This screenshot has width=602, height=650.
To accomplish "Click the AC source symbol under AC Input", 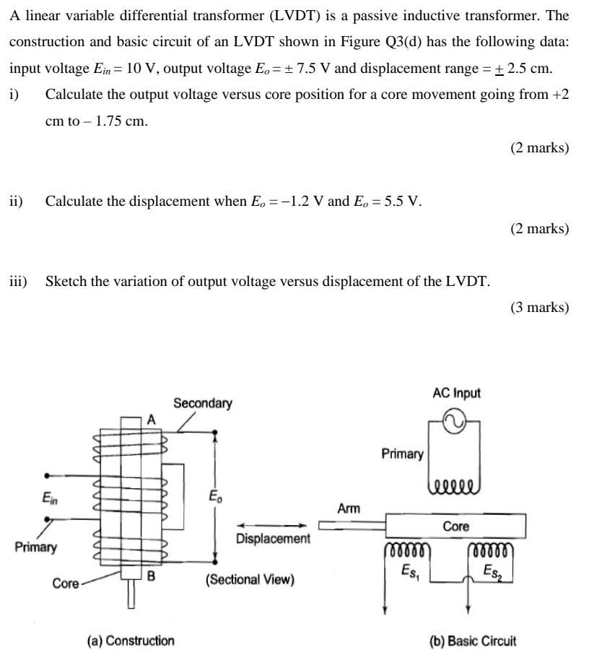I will [x=456, y=422].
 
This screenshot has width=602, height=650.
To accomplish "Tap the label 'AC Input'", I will [x=456, y=393].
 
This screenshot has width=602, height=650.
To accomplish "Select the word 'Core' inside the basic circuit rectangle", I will [x=455, y=526].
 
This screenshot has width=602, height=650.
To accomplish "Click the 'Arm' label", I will [x=349, y=509].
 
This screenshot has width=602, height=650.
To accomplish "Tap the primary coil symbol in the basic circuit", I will [x=455, y=483].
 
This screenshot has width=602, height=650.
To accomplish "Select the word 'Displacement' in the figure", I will [x=273, y=539].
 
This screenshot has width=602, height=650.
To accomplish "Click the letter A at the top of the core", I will [x=151, y=420].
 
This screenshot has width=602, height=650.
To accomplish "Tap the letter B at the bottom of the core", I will [x=151, y=576].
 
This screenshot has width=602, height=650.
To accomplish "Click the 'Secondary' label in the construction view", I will [x=203, y=403].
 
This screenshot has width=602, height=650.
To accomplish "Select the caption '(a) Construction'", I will [x=131, y=641].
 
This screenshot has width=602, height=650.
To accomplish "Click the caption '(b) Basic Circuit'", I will [x=473, y=641].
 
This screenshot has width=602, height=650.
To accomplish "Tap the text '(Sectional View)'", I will [x=250, y=579].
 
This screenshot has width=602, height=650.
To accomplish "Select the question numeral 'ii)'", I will [x=16, y=201].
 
